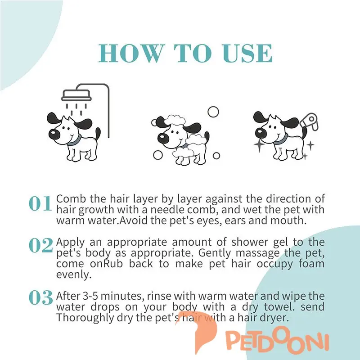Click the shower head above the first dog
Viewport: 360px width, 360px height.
76,95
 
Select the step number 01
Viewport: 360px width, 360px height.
40,204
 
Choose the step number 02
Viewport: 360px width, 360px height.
41,245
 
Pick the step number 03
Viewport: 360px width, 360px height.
41,297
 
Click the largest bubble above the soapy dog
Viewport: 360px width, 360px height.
213,112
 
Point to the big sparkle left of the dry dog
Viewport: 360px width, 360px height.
260,145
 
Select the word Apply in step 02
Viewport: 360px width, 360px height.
70,243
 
